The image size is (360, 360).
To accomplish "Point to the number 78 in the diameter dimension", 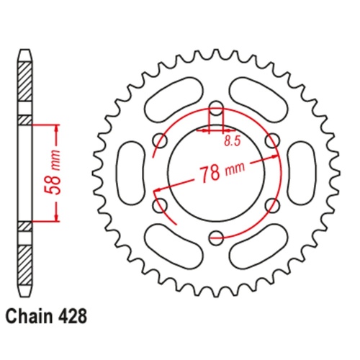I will [x=210, y=174].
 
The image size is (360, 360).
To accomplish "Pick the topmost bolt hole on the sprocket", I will [x=215, y=110].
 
